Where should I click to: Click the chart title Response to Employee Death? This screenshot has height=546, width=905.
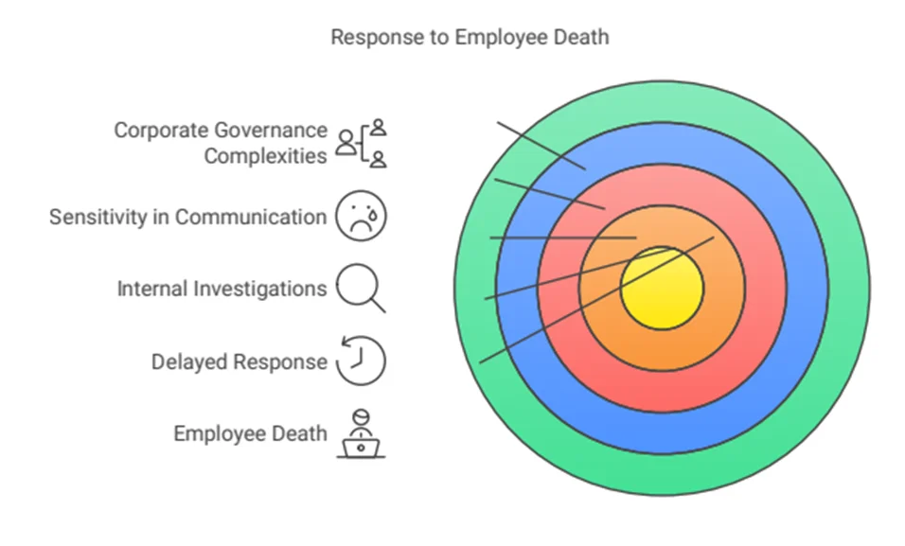click(x=470, y=37)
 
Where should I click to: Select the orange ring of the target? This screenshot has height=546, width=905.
click(x=662, y=349)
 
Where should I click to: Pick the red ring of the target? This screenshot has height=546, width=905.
click(x=662, y=392)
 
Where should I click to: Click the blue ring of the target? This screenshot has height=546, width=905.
click(x=662, y=432)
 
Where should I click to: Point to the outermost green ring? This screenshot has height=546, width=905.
click(x=662, y=474)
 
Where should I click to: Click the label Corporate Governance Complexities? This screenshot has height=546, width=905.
click(x=221, y=143)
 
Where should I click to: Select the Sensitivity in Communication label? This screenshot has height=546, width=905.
click(x=187, y=217)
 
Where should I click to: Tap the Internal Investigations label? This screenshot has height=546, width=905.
click(x=222, y=289)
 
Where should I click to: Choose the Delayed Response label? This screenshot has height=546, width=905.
click(x=239, y=361)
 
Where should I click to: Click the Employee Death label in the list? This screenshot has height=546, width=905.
click(x=250, y=433)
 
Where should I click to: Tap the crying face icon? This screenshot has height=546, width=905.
click(x=362, y=216)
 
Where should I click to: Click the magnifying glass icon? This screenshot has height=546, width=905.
click(x=361, y=288)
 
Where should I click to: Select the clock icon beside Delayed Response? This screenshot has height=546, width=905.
click(x=361, y=361)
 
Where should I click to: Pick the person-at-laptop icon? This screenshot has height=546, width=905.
click(x=361, y=434)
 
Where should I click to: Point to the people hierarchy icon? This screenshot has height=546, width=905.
click(x=362, y=143)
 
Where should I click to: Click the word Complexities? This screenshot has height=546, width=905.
click(x=265, y=156)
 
